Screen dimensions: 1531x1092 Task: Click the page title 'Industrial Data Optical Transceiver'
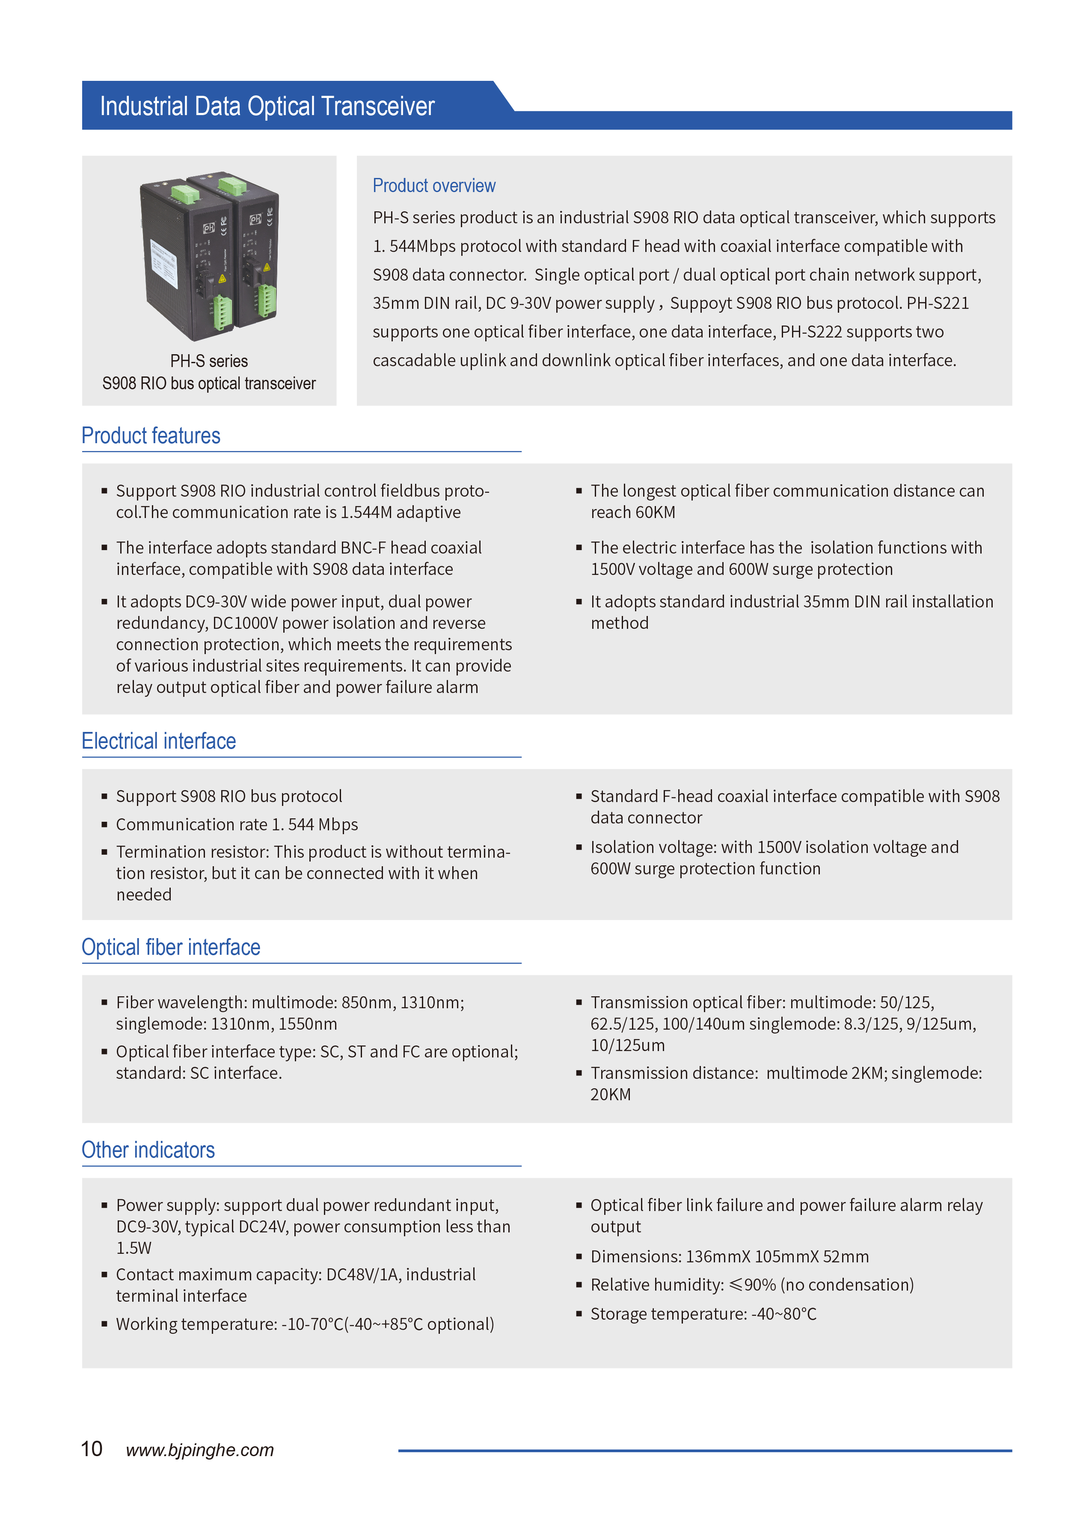[267, 106]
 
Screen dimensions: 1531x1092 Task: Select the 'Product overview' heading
[434, 186]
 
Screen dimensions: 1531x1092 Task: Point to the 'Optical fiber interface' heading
[171, 947]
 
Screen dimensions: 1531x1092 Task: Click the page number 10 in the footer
[92, 1449]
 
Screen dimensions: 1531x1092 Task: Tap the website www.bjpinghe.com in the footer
[200, 1450]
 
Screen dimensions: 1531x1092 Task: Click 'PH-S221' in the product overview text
[938, 303]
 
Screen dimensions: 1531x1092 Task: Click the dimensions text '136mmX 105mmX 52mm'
[777, 1257]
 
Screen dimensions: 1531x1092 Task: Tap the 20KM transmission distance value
[611, 1095]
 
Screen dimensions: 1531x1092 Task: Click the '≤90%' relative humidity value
[752, 1285]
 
